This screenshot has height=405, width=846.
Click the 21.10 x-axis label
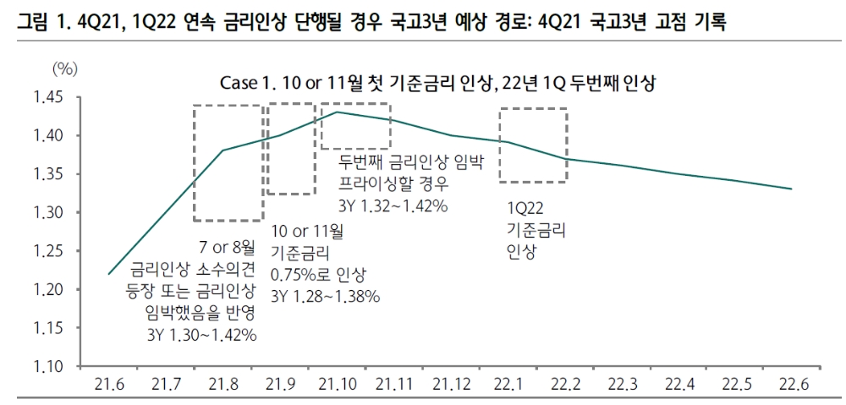(x=336, y=385)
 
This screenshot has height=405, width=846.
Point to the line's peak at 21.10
(x=337, y=112)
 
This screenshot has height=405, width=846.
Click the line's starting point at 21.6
(x=109, y=274)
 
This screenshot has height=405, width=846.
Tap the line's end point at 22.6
(x=791, y=189)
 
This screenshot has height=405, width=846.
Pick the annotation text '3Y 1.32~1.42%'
(x=393, y=205)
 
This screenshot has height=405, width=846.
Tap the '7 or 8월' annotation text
(x=227, y=248)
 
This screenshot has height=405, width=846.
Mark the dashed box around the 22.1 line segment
(x=533, y=145)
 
